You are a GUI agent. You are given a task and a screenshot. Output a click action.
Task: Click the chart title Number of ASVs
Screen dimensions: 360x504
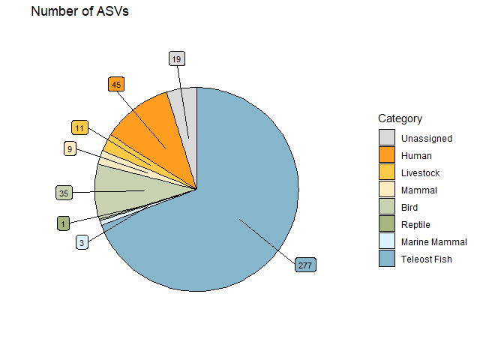pyautogui.click(x=79, y=12)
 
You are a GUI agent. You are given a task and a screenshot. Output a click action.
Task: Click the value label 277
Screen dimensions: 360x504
pyautogui.click(x=305, y=265)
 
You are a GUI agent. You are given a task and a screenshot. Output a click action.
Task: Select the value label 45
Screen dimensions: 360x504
pyautogui.click(x=116, y=84)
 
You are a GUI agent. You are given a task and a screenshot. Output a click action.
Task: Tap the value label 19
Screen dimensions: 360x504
pyautogui.click(x=176, y=58)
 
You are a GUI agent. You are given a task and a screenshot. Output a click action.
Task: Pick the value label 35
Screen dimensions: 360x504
pyautogui.click(x=64, y=193)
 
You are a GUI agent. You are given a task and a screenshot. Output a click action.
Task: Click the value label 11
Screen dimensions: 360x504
pyautogui.click(x=80, y=127)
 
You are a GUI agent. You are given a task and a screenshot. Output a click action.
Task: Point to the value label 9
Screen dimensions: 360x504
pyautogui.click(x=70, y=149)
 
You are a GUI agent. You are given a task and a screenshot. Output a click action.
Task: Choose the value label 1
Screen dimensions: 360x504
pyautogui.click(x=64, y=223)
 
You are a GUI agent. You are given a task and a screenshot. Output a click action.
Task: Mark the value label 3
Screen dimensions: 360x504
pyautogui.click(x=82, y=241)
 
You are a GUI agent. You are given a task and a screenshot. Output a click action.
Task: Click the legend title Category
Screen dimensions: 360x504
pyautogui.click(x=400, y=118)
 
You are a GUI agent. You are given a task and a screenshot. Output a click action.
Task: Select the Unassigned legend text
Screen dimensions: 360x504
pyautogui.click(x=426, y=139)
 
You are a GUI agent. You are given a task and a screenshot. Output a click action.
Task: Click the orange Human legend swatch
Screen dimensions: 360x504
pyautogui.click(x=386, y=155)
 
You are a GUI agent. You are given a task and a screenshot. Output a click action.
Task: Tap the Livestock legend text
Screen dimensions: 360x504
pyautogui.click(x=420, y=173)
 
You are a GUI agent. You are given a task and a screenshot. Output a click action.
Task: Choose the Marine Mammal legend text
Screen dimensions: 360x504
pyautogui.click(x=433, y=242)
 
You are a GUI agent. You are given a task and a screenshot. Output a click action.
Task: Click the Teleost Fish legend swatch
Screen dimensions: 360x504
pyautogui.click(x=386, y=259)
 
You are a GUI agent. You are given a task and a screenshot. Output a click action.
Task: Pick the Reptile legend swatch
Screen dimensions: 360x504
pyautogui.click(x=386, y=224)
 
